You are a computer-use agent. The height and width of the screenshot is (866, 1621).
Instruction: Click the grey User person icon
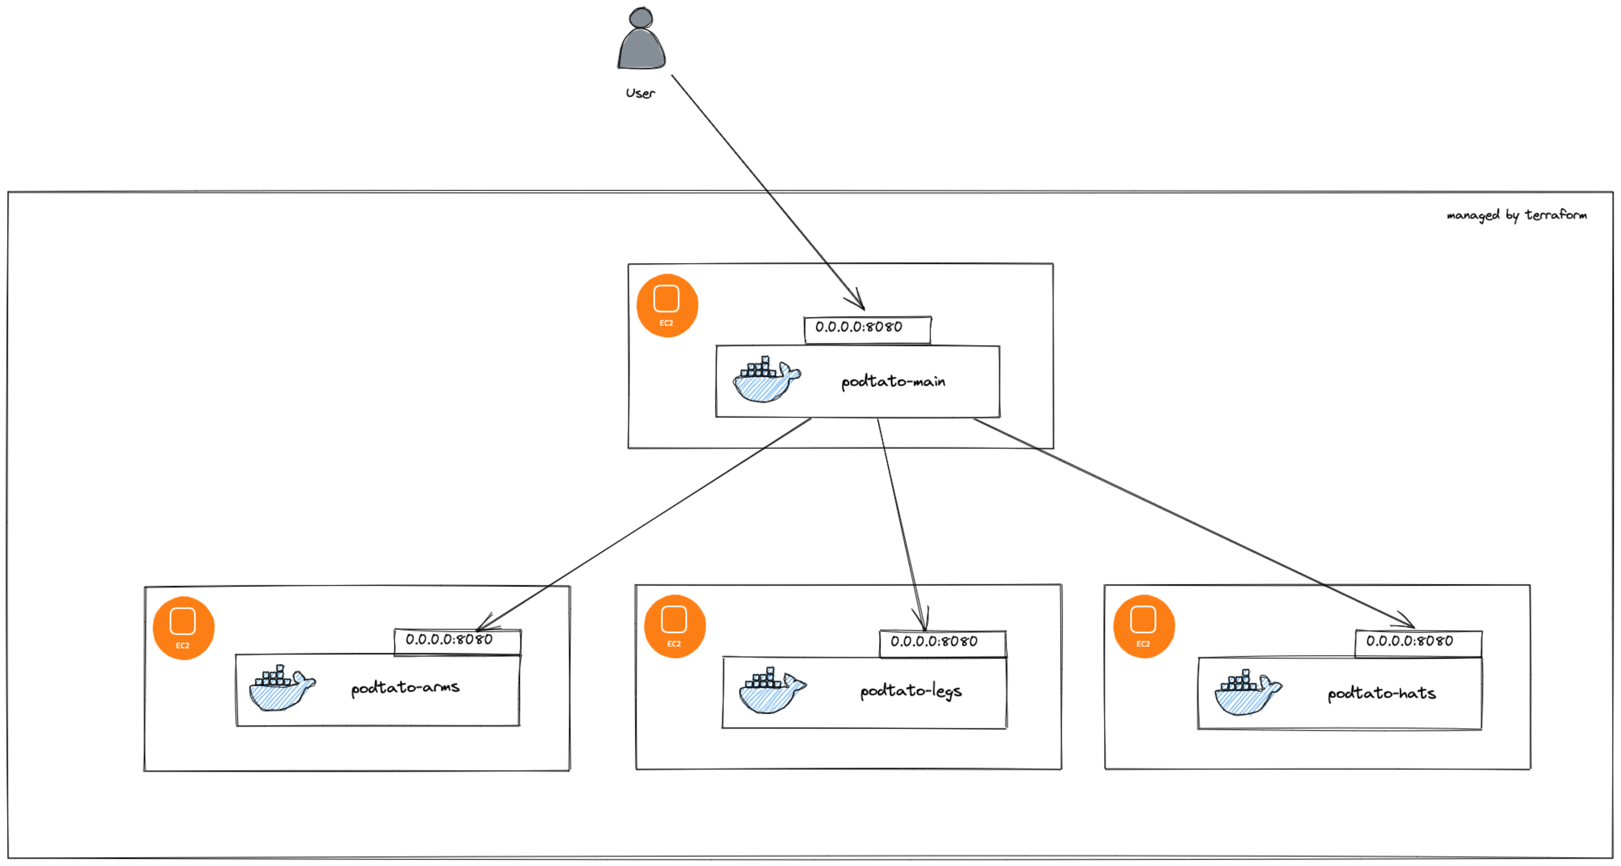[x=641, y=39]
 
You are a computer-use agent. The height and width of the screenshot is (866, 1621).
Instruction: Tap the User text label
[x=640, y=93]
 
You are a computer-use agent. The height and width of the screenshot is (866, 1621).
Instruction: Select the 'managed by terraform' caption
[x=1517, y=215]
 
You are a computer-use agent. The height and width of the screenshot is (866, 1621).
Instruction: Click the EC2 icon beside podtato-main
[x=667, y=306]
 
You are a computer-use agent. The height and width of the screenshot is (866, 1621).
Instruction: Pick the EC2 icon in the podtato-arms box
[x=183, y=628]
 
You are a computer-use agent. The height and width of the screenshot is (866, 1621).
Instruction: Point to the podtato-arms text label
[x=405, y=687]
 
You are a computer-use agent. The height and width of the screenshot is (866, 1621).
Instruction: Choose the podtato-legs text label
[x=911, y=691]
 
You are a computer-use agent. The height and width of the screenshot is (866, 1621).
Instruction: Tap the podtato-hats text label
[x=1381, y=693]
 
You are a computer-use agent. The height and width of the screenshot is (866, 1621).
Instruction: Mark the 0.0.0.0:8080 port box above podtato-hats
[x=1418, y=643]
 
